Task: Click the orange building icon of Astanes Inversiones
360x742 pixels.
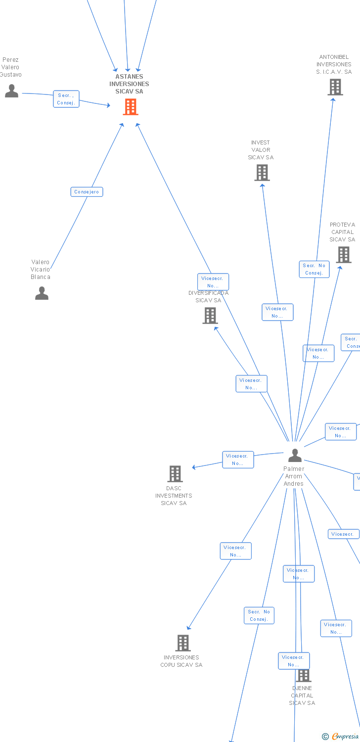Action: tap(131, 106)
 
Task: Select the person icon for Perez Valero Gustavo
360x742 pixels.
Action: tap(11, 91)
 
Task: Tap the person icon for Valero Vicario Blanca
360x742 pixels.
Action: tap(42, 293)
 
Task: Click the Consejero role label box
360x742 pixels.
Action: tap(87, 192)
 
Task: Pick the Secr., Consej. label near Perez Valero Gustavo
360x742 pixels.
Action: tap(66, 99)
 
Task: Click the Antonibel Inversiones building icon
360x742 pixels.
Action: tap(335, 87)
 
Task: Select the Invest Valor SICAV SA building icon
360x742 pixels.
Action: tap(262, 173)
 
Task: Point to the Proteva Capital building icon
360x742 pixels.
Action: tap(344, 255)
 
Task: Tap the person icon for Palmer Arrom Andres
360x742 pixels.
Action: tap(295, 455)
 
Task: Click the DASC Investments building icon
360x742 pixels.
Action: tap(175, 474)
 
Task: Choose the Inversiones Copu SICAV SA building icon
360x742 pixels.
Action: tap(183, 643)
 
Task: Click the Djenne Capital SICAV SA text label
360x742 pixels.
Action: tap(302, 696)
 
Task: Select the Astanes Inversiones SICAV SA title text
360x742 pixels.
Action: tap(129, 84)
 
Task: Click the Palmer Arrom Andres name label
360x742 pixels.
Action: tap(294, 476)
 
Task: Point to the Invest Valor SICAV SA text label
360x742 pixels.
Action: tap(261, 150)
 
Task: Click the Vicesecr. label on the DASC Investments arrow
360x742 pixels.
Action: tap(238, 460)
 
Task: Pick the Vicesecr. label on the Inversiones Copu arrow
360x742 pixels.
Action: tap(235, 551)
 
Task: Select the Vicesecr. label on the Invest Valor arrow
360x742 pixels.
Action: tap(277, 312)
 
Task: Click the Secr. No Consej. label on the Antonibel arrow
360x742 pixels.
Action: tap(314, 269)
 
